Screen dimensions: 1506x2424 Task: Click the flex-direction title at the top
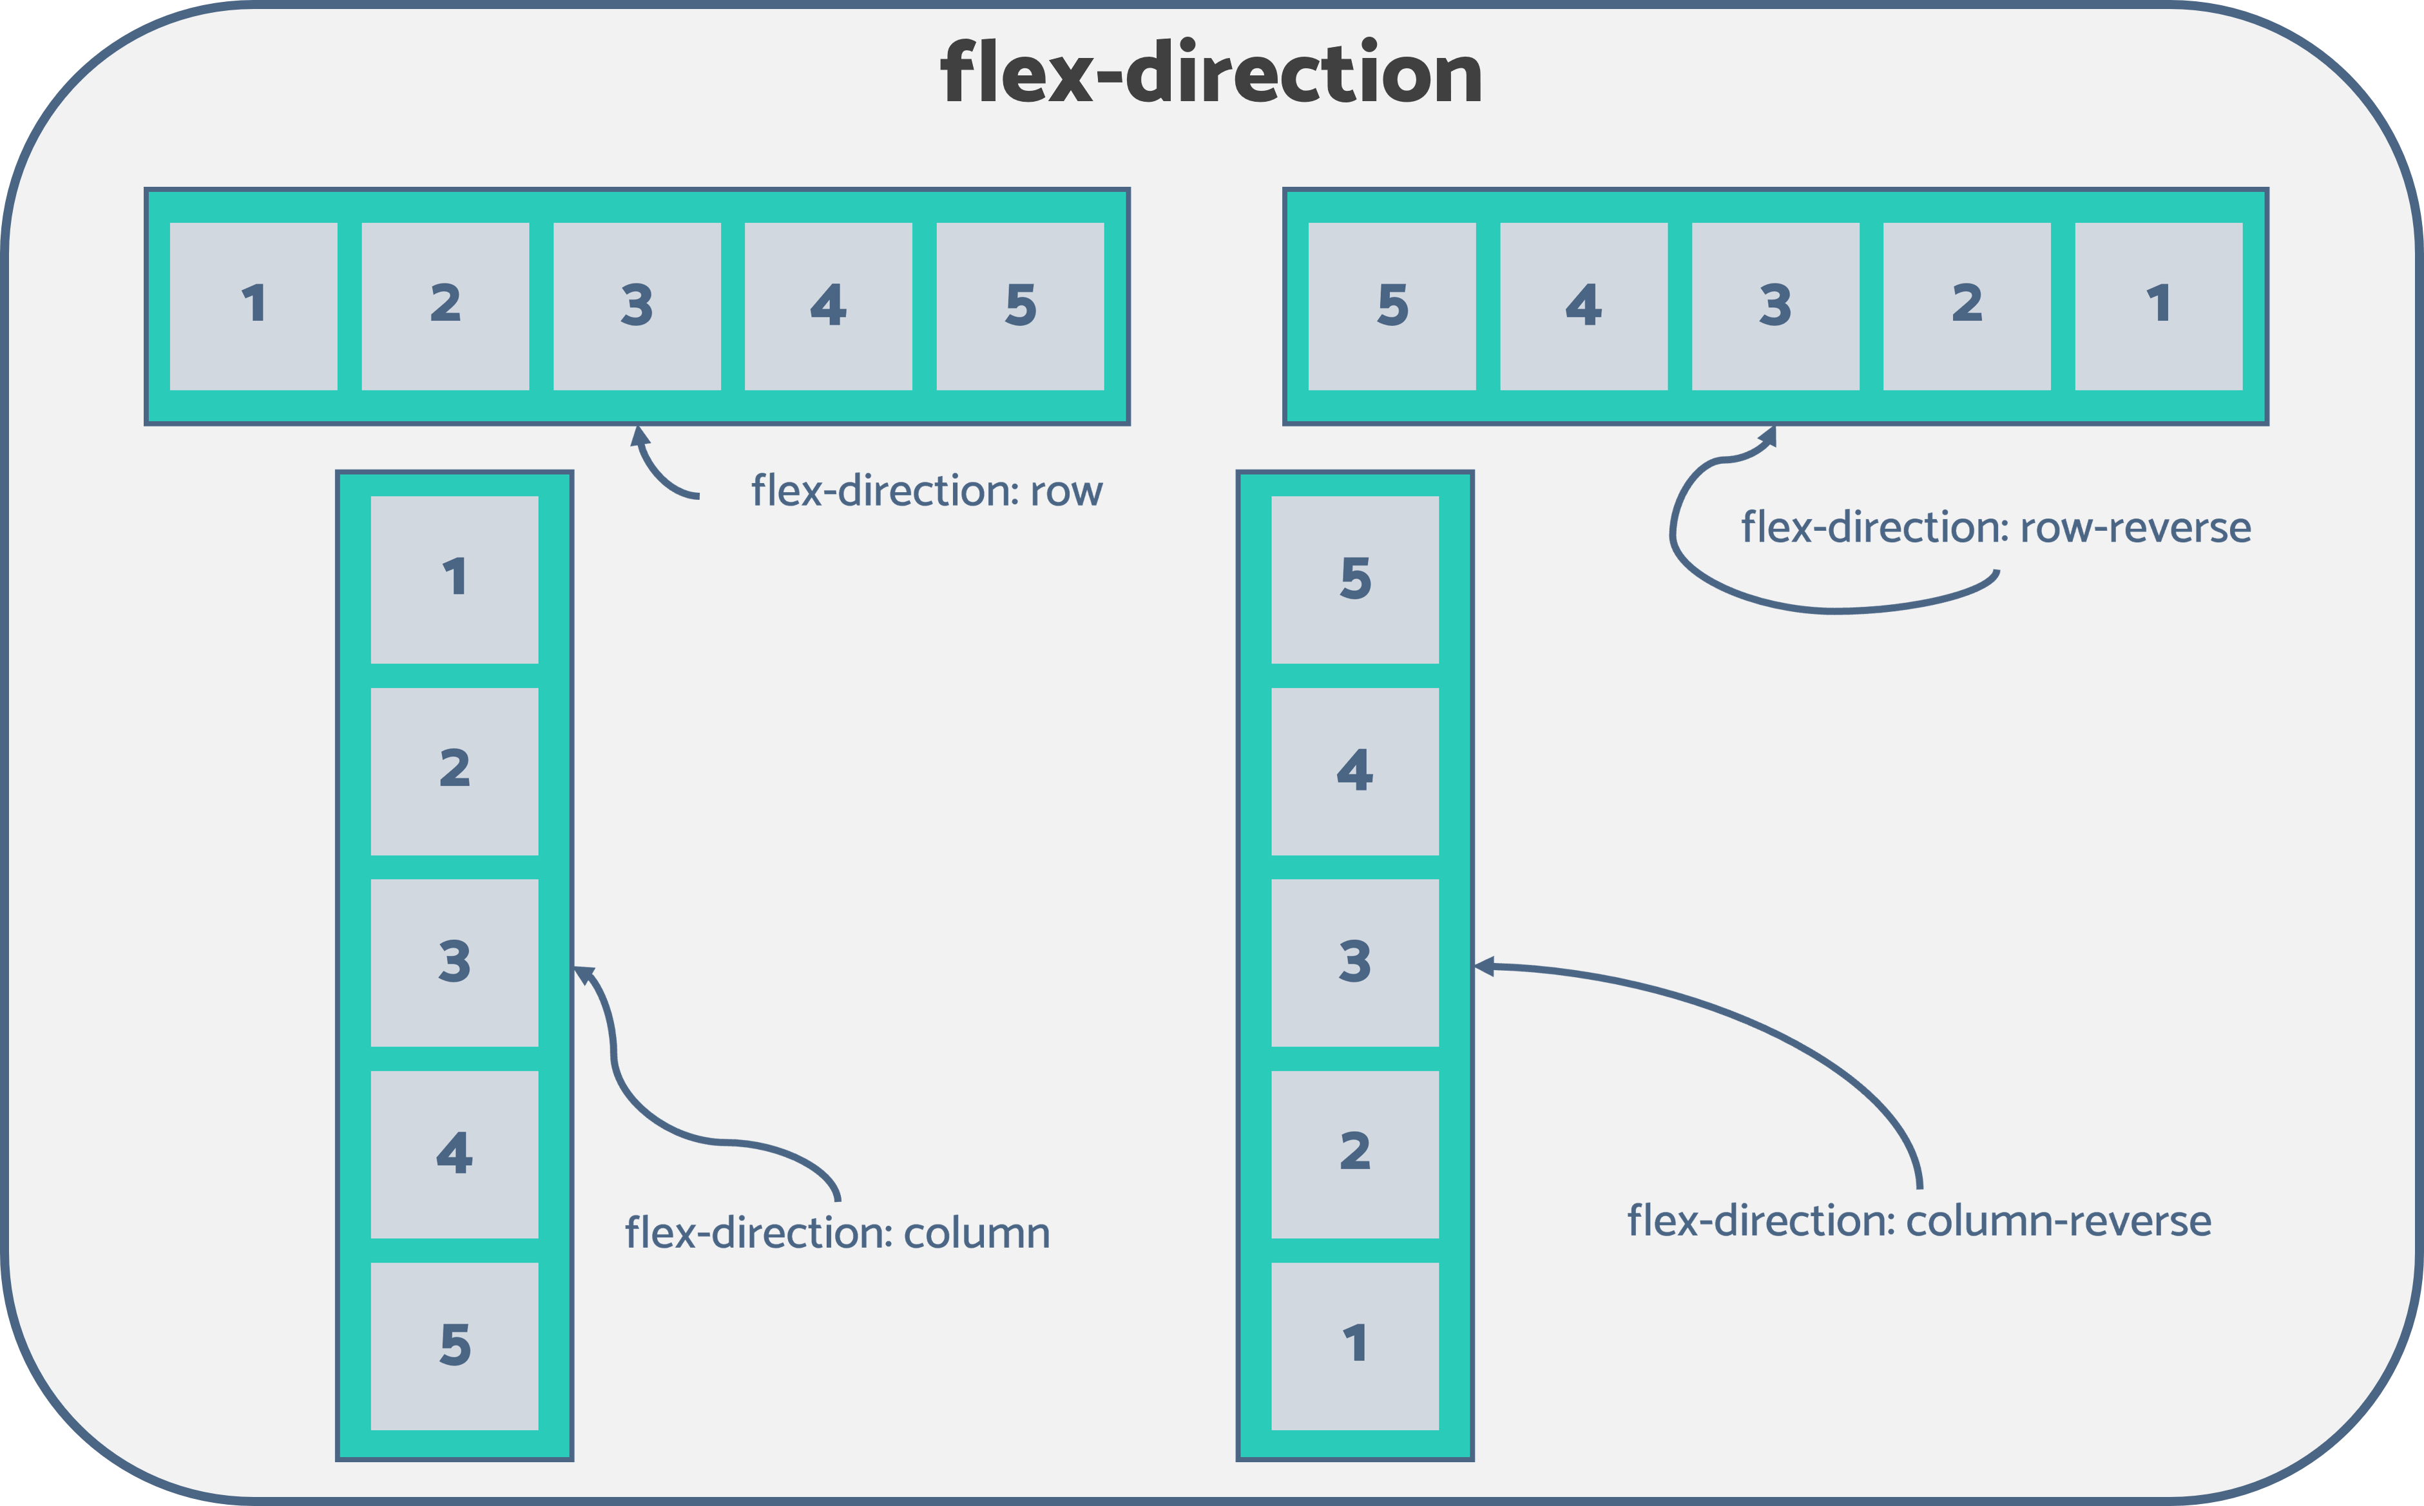pyautogui.click(x=1211, y=73)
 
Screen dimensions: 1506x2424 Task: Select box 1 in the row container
pyautogui.click(x=253, y=306)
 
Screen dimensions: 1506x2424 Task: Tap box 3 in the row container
pyautogui.click(x=637, y=306)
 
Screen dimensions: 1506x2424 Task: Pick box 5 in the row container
pyautogui.click(x=1020, y=306)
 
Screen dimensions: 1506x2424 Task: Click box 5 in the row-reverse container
pyautogui.click(x=1392, y=306)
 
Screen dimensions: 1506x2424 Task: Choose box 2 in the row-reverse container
pyautogui.click(x=1967, y=306)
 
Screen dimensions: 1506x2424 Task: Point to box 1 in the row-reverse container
pyautogui.click(x=2158, y=306)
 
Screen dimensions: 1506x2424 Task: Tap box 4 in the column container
pyautogui.click(x=454, y=1154)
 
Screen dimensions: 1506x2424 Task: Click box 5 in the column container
pyautogui.click(x=454, y=1346)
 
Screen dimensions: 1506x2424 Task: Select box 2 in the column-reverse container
pyautogui.click(x=1355, y=1154)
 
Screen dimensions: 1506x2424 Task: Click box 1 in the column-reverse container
pyautogui.click(x=1355, y=1346)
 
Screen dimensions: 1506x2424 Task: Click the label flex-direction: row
pyautogui.click(x=927, y=491)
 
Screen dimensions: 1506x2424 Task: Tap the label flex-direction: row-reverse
pyautogui.click(x=1996, y=528)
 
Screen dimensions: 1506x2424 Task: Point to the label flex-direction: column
pyautogui.click(x=837, y=1233)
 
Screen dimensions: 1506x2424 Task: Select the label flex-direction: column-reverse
pyautogui.click(x=1919, y=1221)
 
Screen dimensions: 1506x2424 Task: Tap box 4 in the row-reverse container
pyautogui.click(x=1583, y=306)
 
